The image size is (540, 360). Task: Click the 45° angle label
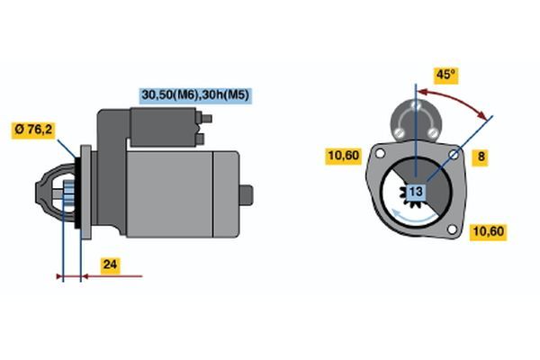[445, 75]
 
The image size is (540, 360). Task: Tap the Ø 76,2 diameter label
[33, 130]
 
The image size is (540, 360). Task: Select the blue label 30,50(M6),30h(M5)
[195, 95]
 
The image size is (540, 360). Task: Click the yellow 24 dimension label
[110, 265]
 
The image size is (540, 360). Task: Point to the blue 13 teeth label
[416, 192]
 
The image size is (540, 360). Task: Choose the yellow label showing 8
[481, 157]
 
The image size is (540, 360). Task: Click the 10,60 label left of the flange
[344, 156]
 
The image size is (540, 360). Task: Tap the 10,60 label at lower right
[489, 231]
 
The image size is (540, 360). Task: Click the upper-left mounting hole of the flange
[380, 153]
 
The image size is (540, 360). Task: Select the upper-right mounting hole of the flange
[454, 155]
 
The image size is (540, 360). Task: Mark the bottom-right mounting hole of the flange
[452, 229]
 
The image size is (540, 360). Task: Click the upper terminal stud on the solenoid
[206, 119]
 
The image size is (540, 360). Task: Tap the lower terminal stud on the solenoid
[200, 139]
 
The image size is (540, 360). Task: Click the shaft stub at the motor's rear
[247, 195]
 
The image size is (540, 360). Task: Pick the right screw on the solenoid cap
[433, 132]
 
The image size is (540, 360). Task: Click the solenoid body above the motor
[163, 127]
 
